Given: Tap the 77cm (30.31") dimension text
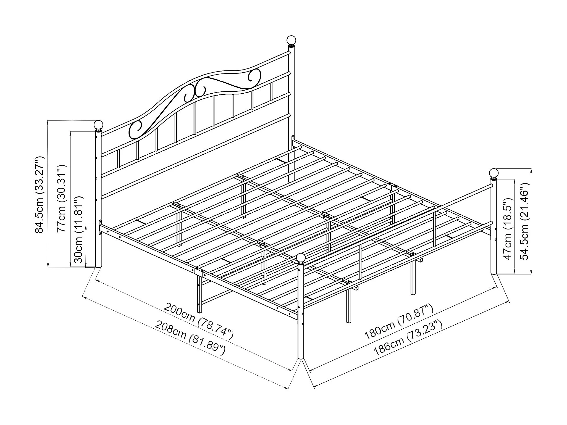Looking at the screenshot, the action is tap(61, 199).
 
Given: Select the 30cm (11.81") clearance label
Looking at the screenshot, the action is tap(79, 230).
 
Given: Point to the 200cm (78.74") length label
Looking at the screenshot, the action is tap(199, 321).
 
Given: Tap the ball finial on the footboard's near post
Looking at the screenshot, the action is tap(301, 258).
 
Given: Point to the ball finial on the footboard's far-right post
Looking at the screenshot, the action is tap(494, 173).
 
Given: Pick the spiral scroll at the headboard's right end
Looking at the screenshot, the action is tap(254, 75).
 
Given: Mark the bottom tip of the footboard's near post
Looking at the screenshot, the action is tap(301, 358).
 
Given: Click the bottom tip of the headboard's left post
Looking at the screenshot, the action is tap(98, 266).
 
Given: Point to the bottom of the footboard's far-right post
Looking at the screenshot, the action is tap(494, 273).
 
